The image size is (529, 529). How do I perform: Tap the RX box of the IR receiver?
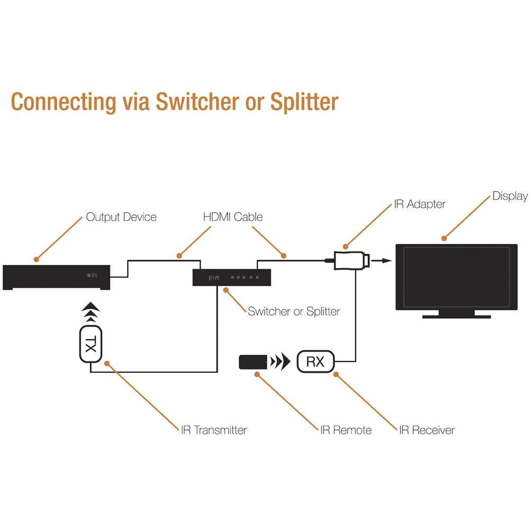point(315,362)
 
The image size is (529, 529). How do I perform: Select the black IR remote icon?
point(252,362)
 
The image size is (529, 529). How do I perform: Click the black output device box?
point(57,277)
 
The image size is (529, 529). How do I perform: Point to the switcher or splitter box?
point(232,277)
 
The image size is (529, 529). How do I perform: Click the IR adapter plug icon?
point(350,260)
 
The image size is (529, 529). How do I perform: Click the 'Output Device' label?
point(121,217)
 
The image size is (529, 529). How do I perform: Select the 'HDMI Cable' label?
point(233,217)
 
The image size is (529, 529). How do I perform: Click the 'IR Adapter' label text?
point(419,204)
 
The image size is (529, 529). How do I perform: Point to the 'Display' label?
point(510,196)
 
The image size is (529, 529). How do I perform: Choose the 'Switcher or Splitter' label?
point(294,311)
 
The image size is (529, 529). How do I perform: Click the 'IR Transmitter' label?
point(214,430)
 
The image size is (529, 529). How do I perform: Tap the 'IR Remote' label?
point(345,430)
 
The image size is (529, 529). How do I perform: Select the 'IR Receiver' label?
point(427,430)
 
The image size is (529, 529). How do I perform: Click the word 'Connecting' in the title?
point(64,101)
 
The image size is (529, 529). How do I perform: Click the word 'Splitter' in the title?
point(304,101)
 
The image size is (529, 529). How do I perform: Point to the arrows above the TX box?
point(91,312)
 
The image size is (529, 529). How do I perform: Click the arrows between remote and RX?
point(280,362)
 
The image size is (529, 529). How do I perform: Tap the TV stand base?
point(457,316)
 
